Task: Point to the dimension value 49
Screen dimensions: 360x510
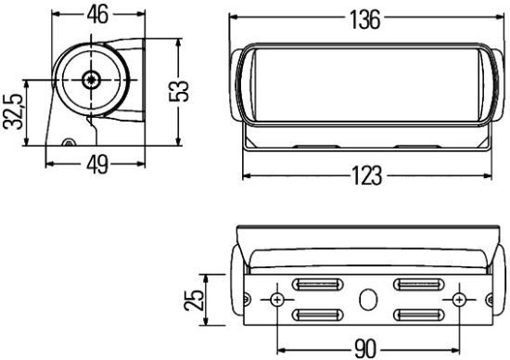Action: pyautogui.click(x=96, y=165)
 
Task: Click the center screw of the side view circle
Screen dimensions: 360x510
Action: pyautogui.click(x=90, y=80)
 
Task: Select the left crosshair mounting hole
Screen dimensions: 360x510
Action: pyautogui.click(x=277, y=301)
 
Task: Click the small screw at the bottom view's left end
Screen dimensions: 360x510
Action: pyautogui.click(x=247, y=299)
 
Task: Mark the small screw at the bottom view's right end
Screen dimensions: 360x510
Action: pyautogui.click(x=491, y=299)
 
